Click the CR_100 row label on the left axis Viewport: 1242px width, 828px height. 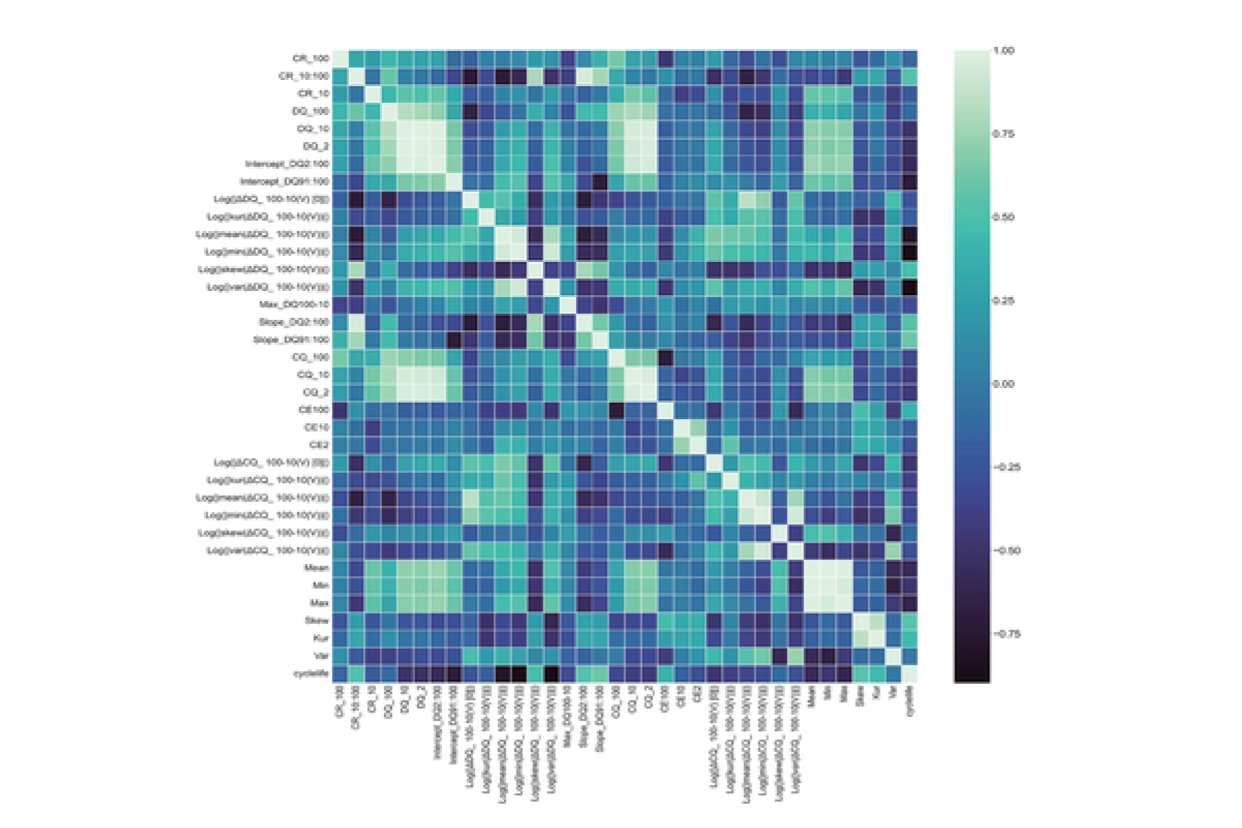pyautogui.click(x=311, y=59)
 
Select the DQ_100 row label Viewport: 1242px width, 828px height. pyautogui.click(x=310, y=111)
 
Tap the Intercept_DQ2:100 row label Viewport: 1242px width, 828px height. pyautogui.click(x=287, y=164)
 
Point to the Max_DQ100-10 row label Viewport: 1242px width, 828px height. pyautogui.click(x=294, y=305)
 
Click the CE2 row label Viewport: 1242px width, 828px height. pyautogui.click(x=319, y=445)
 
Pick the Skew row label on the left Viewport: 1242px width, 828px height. pyautogui.click(x=317, y=620)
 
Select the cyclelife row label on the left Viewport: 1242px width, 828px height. pyautogui.click(x=311, y=674)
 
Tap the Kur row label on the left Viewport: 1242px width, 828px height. pyautogui.click(x=321, y=638)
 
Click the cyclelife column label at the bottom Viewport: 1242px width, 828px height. pyautogui.click(x=910, y=700)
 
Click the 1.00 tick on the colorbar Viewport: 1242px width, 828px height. pyautogui.click(x=1003, y=51)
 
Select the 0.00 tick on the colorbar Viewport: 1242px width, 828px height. pyautogui.click(x=1003, y=384)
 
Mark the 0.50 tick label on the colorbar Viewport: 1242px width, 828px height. pyautogui.click(x=1003, y=217)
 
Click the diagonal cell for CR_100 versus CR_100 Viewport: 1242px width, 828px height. pyautogui.click(x=340, y=59)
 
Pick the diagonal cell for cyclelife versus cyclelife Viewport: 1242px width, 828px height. pyautogui.click(x=910, y=674)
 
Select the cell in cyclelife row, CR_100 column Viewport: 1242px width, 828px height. pyautogui.click(x=340, y=674)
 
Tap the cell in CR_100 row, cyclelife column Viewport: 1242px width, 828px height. pyautogui.click(x=910, y=59)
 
